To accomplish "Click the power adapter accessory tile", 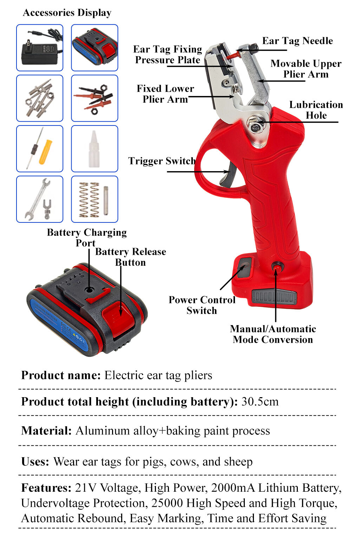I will (x=40, y=47).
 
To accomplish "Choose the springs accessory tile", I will (x=94, y=199).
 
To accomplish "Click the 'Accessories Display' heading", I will (x=67, y=13).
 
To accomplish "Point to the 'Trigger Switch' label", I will (x=161, y=161).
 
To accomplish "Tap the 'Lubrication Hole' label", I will (x=316, y=110).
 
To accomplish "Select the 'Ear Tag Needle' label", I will (x=297, y=41).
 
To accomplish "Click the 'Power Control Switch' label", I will (x=202, y=305).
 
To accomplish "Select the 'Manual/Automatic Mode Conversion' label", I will (x=273, y=334).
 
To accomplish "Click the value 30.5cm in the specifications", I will (x=260, y=401).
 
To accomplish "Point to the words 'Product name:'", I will (x=61, y=375).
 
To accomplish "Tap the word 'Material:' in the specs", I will (x=46, y=431).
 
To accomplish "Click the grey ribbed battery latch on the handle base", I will (x=274, y=297).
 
